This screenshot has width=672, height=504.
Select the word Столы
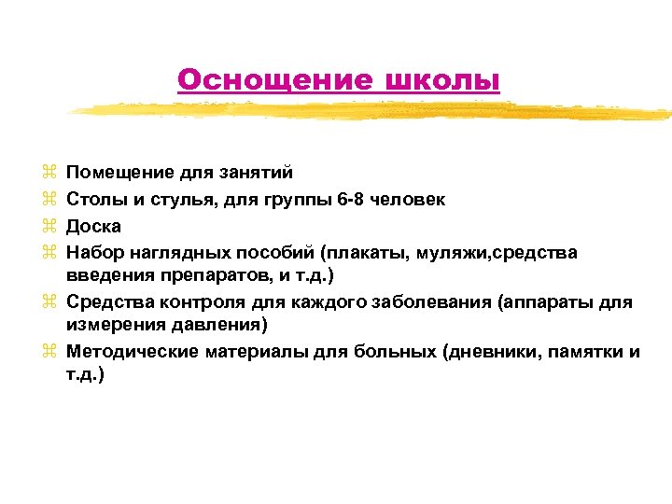[x=95, y=199]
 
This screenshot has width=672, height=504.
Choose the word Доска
[x=94, y=226]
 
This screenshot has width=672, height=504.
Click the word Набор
[x=96, y=253]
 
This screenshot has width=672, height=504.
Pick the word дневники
[x=495, y=352]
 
